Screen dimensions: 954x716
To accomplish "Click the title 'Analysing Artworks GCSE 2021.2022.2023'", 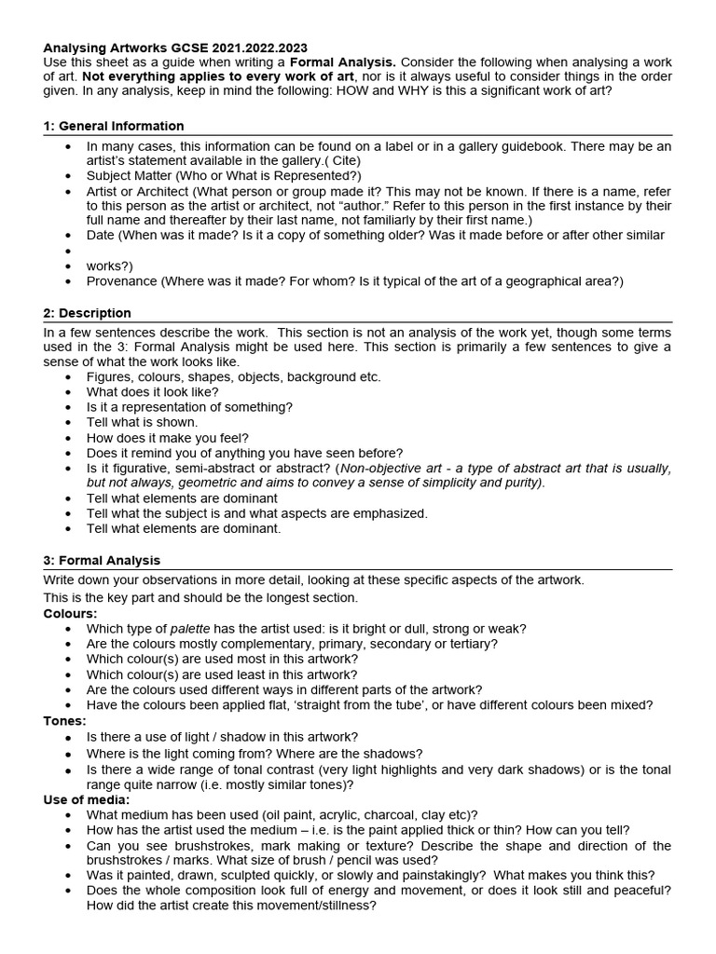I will click(x=175, y=47).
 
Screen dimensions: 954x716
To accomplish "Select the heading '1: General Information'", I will click(x=114, y=126).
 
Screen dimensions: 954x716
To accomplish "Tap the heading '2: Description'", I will click(x=88, y=313).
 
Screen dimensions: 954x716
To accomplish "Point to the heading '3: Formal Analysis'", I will click(x=102, y=560).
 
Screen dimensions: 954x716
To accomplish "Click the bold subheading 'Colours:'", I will click(x=70, y=613).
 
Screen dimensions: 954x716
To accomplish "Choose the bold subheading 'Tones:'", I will click(x=65, y=720).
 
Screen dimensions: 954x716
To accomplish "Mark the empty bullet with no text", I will click(x=68, y=251).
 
